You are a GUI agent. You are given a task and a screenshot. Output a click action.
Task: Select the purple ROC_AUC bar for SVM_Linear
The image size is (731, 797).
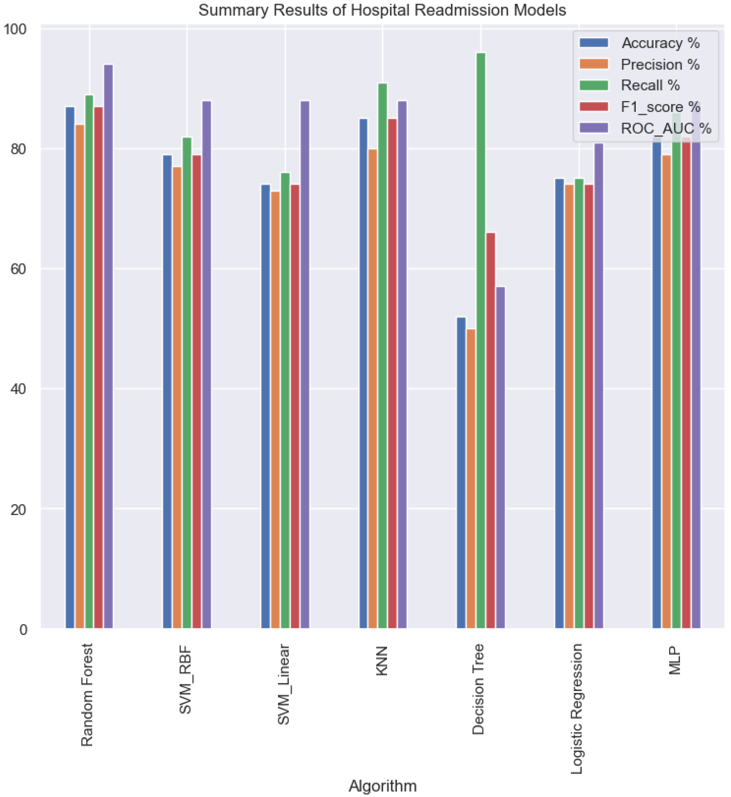[x=305, y=364]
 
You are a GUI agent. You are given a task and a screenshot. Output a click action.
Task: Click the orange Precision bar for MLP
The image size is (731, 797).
[x=666, y=392]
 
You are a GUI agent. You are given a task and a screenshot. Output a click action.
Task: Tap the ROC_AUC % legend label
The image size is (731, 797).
[x=666, y=128]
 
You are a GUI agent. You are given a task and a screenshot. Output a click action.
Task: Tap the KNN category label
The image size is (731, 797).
[x=382, y=661]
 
